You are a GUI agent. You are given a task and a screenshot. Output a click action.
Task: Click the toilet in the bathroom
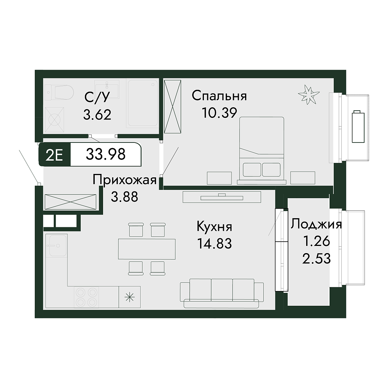point(59,92)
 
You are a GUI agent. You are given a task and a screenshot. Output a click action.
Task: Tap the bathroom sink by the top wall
point(106,89)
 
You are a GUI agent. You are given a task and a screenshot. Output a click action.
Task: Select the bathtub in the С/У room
point(142,103)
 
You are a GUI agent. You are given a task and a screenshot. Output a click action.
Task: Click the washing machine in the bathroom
point(54,120)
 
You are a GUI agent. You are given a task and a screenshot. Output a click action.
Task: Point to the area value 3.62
point(97,115)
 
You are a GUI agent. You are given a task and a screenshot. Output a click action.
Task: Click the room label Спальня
point(219,96)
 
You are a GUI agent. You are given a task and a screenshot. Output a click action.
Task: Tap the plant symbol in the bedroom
point(308,94)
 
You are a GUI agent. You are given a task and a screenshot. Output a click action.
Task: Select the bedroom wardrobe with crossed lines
point(173,106)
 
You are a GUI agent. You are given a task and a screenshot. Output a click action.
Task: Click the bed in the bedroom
point(261,150)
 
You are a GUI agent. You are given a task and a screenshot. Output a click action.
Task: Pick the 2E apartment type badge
point(55,155)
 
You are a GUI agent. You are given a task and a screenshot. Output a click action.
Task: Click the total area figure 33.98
point(106,155)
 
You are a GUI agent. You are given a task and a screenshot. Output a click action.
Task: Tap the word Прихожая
point(124,180)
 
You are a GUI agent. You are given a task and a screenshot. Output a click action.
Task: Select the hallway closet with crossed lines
point(70,202)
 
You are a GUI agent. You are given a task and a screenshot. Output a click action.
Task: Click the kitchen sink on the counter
point(58,245)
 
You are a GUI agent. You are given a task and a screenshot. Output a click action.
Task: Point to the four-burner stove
point(86,297)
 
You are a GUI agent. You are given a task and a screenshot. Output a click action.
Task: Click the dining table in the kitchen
point(147,249)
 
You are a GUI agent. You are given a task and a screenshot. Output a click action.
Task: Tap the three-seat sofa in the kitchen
point(222,293)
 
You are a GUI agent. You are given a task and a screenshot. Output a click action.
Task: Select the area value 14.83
point(214,243)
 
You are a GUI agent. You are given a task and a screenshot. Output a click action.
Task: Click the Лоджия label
point(316,224)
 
